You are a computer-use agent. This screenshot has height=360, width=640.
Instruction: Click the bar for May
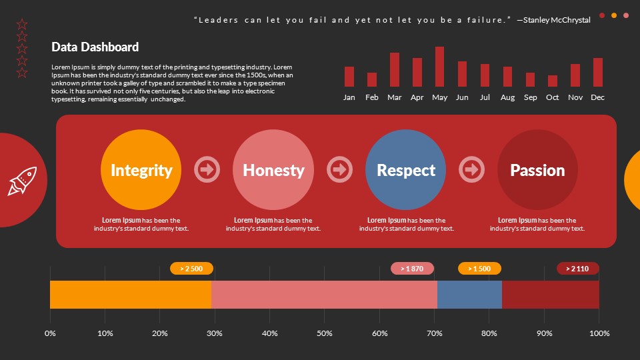[x=439, y=67]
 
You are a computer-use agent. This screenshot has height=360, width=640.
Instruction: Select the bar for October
[x=553, y=81]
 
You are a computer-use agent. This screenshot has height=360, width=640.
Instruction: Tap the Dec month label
[x=597, y=97]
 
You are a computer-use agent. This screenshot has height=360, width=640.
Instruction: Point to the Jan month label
[x=349, y=97]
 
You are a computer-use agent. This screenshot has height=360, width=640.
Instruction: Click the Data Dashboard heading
[x=95, y=47]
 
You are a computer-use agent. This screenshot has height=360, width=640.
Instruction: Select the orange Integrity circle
[x=141, y=170]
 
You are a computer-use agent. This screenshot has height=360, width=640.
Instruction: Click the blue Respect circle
[x=405, y=170]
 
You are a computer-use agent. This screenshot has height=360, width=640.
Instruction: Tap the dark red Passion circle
[x=537, y=170]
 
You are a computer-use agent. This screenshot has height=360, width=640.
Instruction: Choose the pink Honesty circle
[x=273, y=170]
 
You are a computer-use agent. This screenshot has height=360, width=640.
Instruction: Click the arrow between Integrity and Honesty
[x=207, y=169]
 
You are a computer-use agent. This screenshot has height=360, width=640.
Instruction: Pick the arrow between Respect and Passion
[x=472, y=169]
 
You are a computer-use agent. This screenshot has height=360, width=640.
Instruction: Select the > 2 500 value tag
[x=191, y=269]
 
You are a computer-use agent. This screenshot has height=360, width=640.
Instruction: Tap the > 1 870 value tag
[x=412, y=269]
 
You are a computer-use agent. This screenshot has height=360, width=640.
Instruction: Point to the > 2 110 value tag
[x=577, y=269]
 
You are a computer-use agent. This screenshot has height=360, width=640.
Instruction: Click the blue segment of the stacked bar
[x=469, y=295]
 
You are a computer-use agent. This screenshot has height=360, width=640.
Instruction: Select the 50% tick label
[x=325, y=333]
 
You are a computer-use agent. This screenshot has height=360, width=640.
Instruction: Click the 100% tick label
[x=599, y=333]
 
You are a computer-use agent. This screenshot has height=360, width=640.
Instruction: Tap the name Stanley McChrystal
[x=557, y=20]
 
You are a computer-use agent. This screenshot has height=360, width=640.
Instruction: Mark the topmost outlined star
[x=22, y=25]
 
